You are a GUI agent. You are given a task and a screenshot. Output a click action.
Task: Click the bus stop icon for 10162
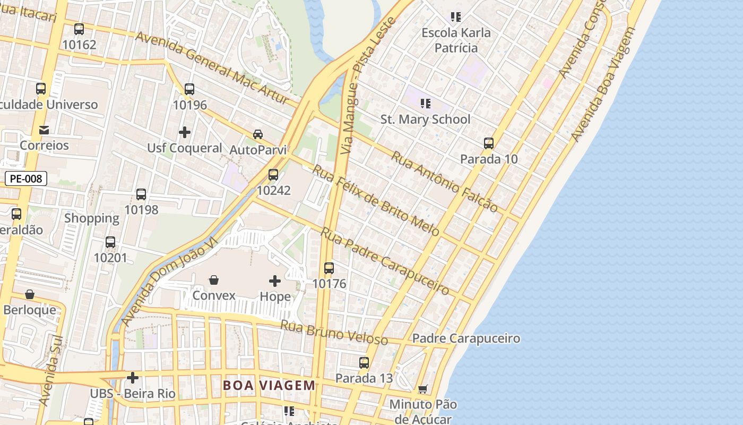[x=79, y=29]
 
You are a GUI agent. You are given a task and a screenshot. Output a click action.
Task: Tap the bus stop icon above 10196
[x=189, y=89]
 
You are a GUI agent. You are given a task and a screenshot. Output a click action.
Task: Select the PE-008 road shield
[x=26, y=178]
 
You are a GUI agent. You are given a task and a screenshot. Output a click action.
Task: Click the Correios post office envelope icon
[x=44, y=130]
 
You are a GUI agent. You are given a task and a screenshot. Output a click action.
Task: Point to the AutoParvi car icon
[x=258, y=134]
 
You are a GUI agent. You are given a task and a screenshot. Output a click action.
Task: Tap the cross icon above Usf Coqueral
[x=185, y=132]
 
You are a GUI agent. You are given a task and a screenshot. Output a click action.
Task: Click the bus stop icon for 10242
[x=273, y=174]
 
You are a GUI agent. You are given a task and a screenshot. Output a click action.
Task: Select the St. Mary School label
[x=425, y=119]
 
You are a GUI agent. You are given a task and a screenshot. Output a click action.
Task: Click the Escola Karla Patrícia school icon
[x=455, y=17]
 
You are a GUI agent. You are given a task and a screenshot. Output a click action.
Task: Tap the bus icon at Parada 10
[x=489, y=143]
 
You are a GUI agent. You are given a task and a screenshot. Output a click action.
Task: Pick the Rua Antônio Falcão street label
[x=445, y=181]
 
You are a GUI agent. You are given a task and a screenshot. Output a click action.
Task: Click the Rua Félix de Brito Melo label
[x=376, y=200]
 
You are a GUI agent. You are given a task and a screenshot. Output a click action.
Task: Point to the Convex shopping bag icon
[x=214, y=279]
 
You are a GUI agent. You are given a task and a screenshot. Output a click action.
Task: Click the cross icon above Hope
[x=275, y=280]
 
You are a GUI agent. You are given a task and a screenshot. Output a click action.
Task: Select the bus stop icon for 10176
[x=329, y=268]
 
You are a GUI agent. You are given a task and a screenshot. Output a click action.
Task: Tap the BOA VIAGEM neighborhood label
[x=269, y=385]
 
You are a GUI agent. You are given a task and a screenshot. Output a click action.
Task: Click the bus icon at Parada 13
[x=364, y=363]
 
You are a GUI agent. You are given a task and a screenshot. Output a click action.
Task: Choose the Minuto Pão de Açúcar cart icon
[x=422, y=389]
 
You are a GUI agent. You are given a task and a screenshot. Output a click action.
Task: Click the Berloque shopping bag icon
[x=30, y=294]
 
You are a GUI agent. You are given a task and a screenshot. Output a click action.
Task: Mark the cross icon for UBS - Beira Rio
[x=133, y=378]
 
